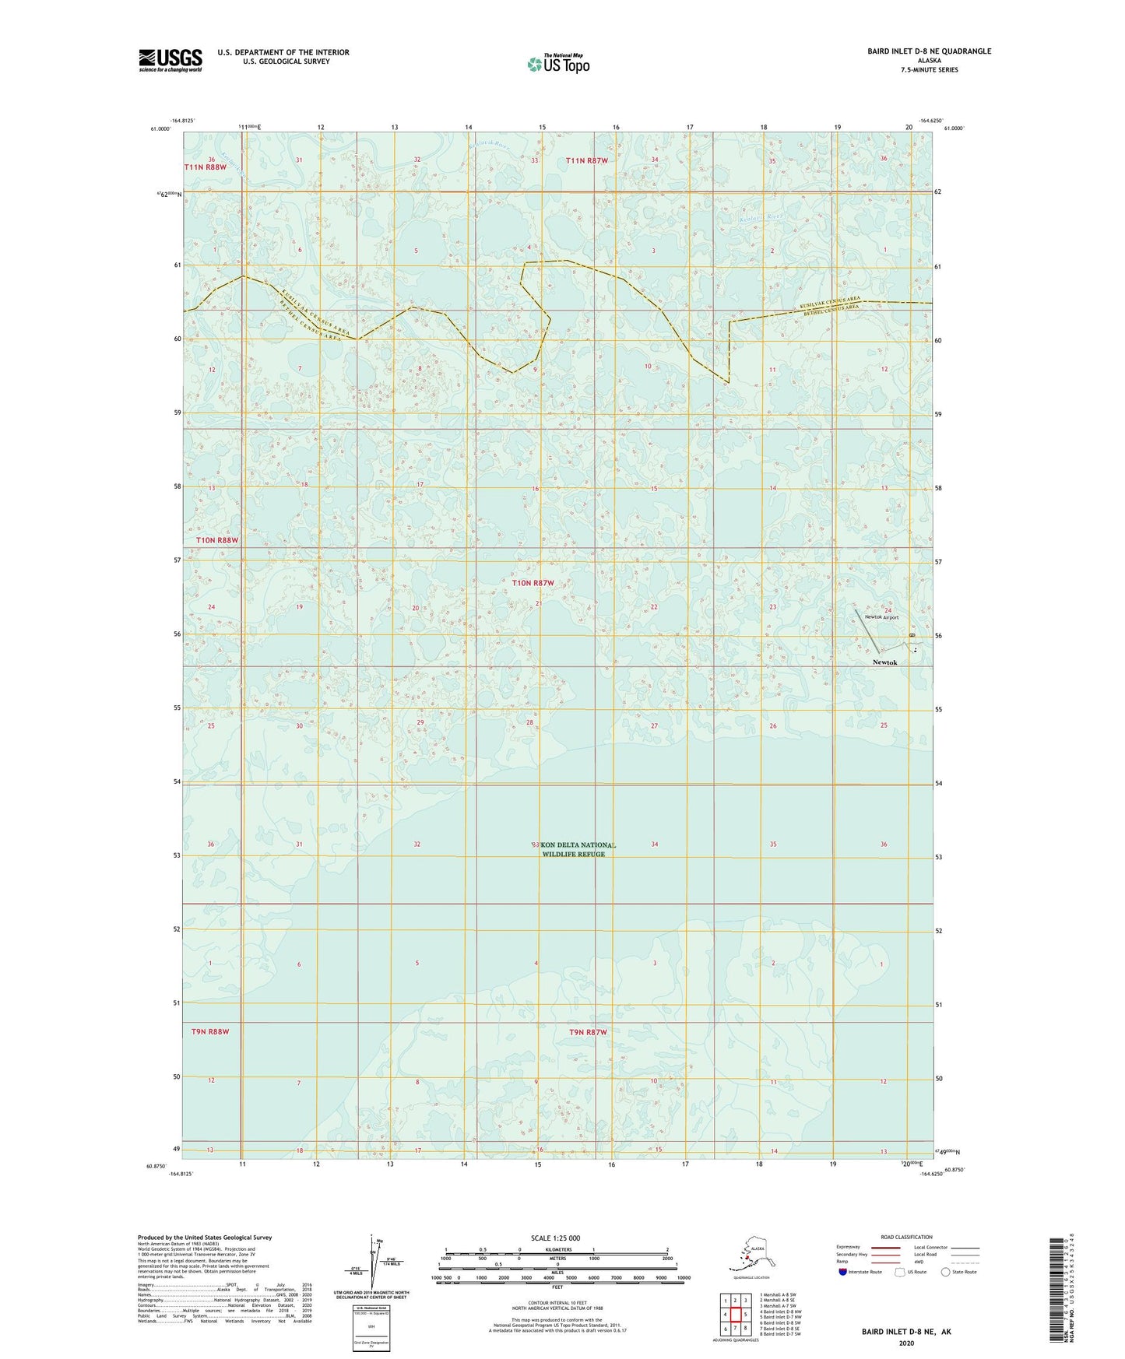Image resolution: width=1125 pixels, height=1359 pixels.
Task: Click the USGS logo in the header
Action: coord(170,60)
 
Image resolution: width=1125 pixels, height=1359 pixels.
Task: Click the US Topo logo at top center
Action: coord(558,63)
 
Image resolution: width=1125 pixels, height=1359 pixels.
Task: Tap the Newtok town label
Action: coord(884,662)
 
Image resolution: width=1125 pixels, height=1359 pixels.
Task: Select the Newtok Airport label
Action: coord(881,617)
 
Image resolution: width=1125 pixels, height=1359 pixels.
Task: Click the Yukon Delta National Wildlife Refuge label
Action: coord(574,849)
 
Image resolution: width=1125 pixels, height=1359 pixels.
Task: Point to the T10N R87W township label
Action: coord(533,583)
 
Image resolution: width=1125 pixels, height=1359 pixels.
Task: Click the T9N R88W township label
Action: coord(210,1031)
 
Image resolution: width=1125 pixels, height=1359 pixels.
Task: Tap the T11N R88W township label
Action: coord(205,167)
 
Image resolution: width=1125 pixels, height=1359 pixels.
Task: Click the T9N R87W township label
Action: coord(587,1032)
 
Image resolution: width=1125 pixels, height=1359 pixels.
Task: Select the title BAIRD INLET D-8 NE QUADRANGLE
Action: coord(929,51)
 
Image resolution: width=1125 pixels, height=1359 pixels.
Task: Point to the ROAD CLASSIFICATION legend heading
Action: coord(906,1237)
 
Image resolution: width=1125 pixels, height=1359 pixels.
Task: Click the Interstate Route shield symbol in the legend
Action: coord(842,1273)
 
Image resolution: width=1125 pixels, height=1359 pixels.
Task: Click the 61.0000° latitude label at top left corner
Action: coord(161,129)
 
